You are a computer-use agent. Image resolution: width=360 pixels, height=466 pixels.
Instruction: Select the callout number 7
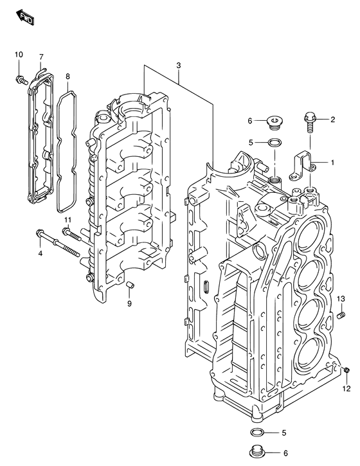[41, 57]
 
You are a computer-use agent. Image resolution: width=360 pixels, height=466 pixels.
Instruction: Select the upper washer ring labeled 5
[274, 142]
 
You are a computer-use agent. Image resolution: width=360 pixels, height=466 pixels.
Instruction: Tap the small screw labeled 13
[341, 314]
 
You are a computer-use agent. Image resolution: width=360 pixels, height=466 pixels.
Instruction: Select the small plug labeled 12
[346, 369]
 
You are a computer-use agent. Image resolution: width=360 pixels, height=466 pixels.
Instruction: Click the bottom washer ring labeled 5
[257, 433]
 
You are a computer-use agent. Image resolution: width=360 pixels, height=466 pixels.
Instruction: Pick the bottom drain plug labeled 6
[257, 451]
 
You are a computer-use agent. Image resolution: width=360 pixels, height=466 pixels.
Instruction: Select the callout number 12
[346, 389]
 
